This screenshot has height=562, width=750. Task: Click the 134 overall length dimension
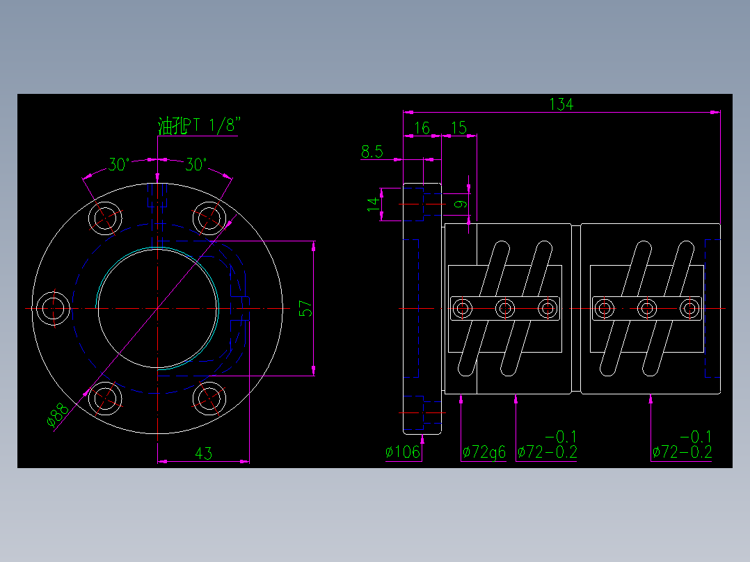[x=561, y=104]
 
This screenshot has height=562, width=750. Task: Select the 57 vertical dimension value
[x=305, y=309]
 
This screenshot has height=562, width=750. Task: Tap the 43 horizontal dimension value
[x=203, y=453]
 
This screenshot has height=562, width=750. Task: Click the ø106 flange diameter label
[x=404, y=452]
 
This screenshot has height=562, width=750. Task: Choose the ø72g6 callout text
[x=484, y=452]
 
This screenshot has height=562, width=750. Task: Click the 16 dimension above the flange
[x=422, y=128]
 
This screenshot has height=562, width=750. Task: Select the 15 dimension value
[x=459, y=128]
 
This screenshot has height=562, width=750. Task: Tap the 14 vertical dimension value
[x=374, y=204]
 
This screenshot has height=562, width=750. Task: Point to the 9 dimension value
[x=459, y=204]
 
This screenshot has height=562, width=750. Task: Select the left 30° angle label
[x=119, y=165]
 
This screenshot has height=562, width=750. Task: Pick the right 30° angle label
[x=196, y=165]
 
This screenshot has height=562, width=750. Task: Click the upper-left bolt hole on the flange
[x=105, y=218]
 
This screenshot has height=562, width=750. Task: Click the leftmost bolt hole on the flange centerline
[x=53, y=308]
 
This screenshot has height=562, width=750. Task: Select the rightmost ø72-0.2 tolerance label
[x=683, y=452]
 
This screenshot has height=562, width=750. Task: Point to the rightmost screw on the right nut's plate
[x=689, y=307]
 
